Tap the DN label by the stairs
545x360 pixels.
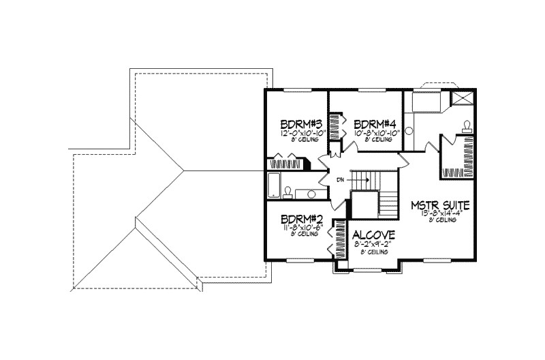coord(340,180)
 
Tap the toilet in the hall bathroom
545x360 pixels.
coord(289,191)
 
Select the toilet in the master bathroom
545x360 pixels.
coord(467,126)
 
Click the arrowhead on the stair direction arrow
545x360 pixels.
coord(368,180)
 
